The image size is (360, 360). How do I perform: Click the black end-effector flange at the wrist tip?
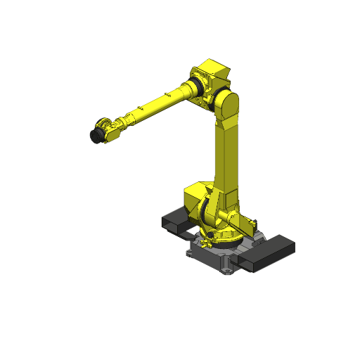tap(94, 134)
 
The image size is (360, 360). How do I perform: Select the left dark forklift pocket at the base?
tap(174, 222)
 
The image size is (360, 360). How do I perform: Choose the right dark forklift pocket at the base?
tap(271, 252)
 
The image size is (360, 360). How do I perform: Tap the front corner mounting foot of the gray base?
tap(227, 269)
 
